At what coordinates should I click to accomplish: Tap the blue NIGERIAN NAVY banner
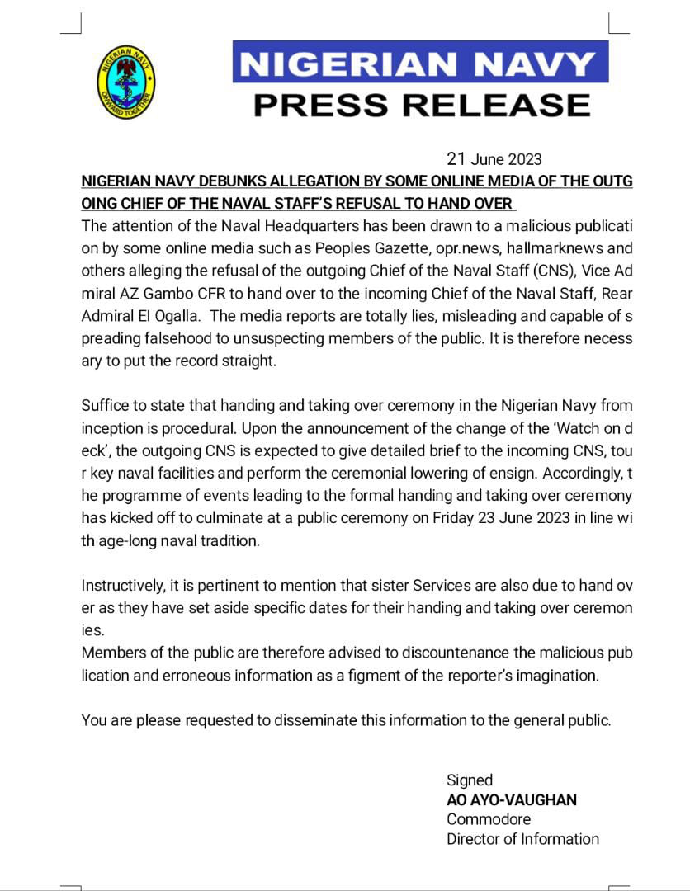pos(420,63)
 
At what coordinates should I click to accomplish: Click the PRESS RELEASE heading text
pos(421,105)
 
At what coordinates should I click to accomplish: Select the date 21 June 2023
pos(494,159)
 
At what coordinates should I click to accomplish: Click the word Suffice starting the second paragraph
pos(106,405)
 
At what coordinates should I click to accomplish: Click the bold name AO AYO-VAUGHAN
pos(512,799)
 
